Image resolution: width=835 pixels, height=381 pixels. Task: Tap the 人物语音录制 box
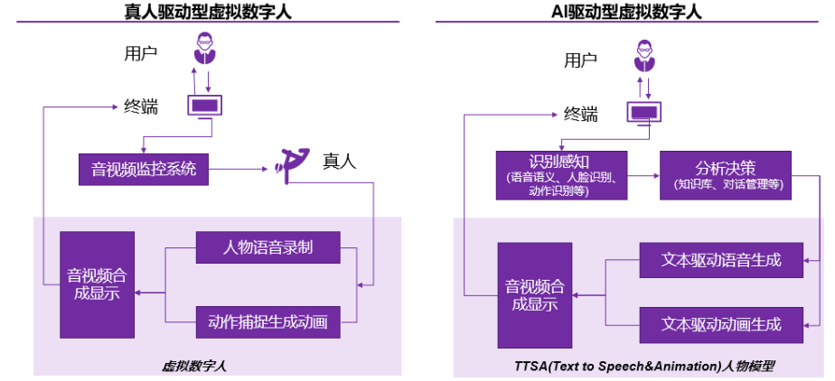[267, 247]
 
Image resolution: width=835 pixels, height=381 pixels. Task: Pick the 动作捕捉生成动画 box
[267, 321]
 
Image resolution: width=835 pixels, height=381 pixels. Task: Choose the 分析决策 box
[726, 174]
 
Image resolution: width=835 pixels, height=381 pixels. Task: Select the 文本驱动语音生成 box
[720, 260]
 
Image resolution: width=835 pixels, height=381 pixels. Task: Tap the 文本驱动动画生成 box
[720, 322]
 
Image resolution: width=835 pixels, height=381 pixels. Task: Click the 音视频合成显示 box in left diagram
[93, 283]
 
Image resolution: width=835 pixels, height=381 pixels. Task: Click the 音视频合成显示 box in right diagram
[534, 294]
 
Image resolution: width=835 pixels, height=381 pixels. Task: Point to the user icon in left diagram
[206, 48]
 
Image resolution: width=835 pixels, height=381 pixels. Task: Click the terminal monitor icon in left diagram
[206, 106]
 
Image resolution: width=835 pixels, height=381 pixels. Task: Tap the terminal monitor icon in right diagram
[644, 112]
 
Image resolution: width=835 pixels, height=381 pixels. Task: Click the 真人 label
[340, 163]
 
